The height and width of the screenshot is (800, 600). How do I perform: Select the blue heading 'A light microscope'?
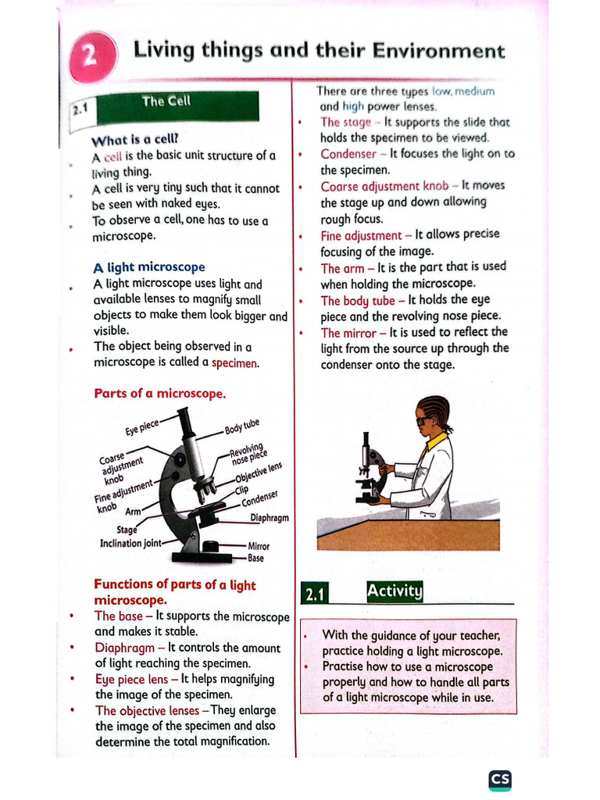tap(148, 267)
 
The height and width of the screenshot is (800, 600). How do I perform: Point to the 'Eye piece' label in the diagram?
tap(141, 428)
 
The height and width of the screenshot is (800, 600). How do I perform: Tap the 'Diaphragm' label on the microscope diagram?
tap(269, 517)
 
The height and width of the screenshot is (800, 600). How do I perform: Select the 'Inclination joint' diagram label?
tap(130, 543)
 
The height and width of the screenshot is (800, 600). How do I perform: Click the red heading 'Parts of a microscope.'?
tap(159, 393)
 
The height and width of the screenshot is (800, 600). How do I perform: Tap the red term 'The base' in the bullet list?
tap(119, 616)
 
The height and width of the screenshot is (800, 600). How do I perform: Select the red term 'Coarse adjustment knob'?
tap(384, 186)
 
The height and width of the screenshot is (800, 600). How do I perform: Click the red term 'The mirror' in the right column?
tap(348, 333)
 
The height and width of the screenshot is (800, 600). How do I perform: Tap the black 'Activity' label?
tap(395, 591)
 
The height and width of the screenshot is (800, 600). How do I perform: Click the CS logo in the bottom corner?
tap(500, 780)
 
